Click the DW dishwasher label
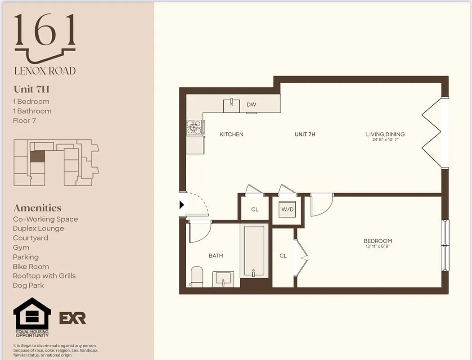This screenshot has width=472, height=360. click(251, 105)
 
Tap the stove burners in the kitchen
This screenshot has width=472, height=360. click(194, 127)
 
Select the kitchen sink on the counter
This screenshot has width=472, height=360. click(232, 106)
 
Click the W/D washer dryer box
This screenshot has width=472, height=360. click(288, 210)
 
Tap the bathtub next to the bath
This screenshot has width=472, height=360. click(254, 251)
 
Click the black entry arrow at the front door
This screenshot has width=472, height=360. click(182, 205)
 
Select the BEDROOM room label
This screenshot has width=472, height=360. click(378, 241)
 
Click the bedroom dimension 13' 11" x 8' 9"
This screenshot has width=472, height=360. click(378, 247)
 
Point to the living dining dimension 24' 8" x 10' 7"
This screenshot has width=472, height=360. click(385, 140)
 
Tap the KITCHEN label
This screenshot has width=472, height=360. click(231, 134)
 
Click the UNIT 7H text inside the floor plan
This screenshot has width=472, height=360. click(305, 134)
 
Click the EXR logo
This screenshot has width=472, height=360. click(72, 318)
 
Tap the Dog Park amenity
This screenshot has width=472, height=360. click(28, 285)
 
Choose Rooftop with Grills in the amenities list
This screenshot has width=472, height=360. click(44, 276)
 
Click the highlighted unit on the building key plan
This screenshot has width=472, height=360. click(37, 156)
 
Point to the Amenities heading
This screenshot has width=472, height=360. click(37, 208)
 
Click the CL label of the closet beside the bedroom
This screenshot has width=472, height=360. click(283, 256)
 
